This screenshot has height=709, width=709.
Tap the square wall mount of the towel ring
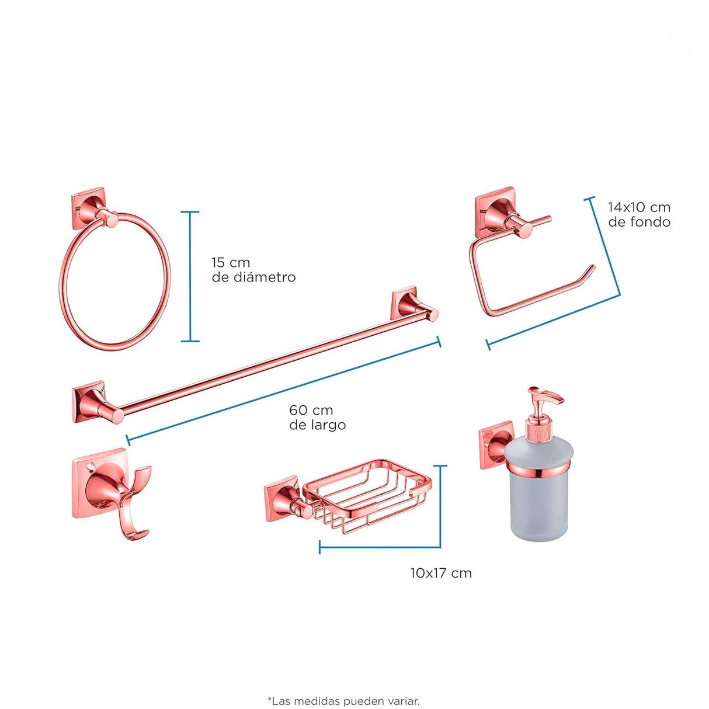88,208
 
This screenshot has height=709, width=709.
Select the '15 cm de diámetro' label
253,270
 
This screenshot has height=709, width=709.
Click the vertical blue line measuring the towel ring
190,277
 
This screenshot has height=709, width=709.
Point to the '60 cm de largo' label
317,417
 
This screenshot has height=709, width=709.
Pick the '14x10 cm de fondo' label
639,214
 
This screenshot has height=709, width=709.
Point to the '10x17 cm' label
441,573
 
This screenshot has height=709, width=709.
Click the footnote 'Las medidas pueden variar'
343,691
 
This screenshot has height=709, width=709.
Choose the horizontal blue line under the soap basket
380,547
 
